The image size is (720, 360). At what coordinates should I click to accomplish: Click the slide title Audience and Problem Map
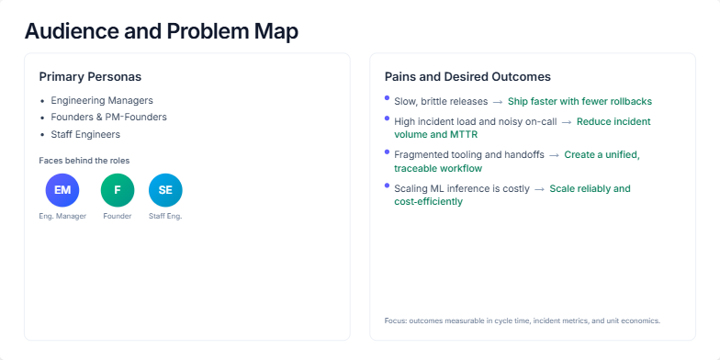[x=161, y=30]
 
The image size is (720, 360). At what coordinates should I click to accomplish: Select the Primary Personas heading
[x=90, y=76]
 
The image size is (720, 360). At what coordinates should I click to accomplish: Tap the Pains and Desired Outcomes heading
[x=467, y=76]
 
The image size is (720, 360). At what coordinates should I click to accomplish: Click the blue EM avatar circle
[x=62, y=190]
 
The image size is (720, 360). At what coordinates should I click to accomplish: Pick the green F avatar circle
[x=118, y=190]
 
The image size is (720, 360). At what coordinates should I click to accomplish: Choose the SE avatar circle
[x=165, y=190]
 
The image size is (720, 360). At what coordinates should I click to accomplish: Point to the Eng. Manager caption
[x=62, y=216]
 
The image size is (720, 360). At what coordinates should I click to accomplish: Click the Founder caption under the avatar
[x=118, y=216]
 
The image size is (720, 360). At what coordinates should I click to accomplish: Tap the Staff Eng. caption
[x=165, y=216]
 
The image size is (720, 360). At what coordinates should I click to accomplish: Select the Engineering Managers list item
[x=102, y=100]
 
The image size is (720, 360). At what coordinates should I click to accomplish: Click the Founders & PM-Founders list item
[x=108, y=117]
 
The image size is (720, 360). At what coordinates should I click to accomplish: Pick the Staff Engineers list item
[x=85, y=134]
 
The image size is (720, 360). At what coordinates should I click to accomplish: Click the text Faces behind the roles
[x=84, y=160]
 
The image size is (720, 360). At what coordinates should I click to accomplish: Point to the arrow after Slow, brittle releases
[x=497, y=101]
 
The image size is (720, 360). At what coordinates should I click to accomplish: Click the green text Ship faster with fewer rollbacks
[x=581, y=101]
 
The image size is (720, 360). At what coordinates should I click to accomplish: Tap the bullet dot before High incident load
[x=388, y=118]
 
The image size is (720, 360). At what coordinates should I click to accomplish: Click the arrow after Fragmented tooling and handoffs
[x=555, y=154]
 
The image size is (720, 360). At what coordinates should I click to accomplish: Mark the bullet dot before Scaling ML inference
[x=388, y=186]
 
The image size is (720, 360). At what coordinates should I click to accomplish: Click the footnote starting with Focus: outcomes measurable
[x=522, y=321]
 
